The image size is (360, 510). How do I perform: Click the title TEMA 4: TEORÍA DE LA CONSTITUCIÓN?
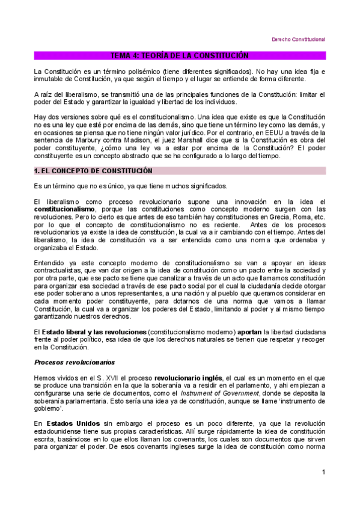(x=180, y=55)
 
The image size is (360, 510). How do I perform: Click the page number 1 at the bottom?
(x=323, y=472)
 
